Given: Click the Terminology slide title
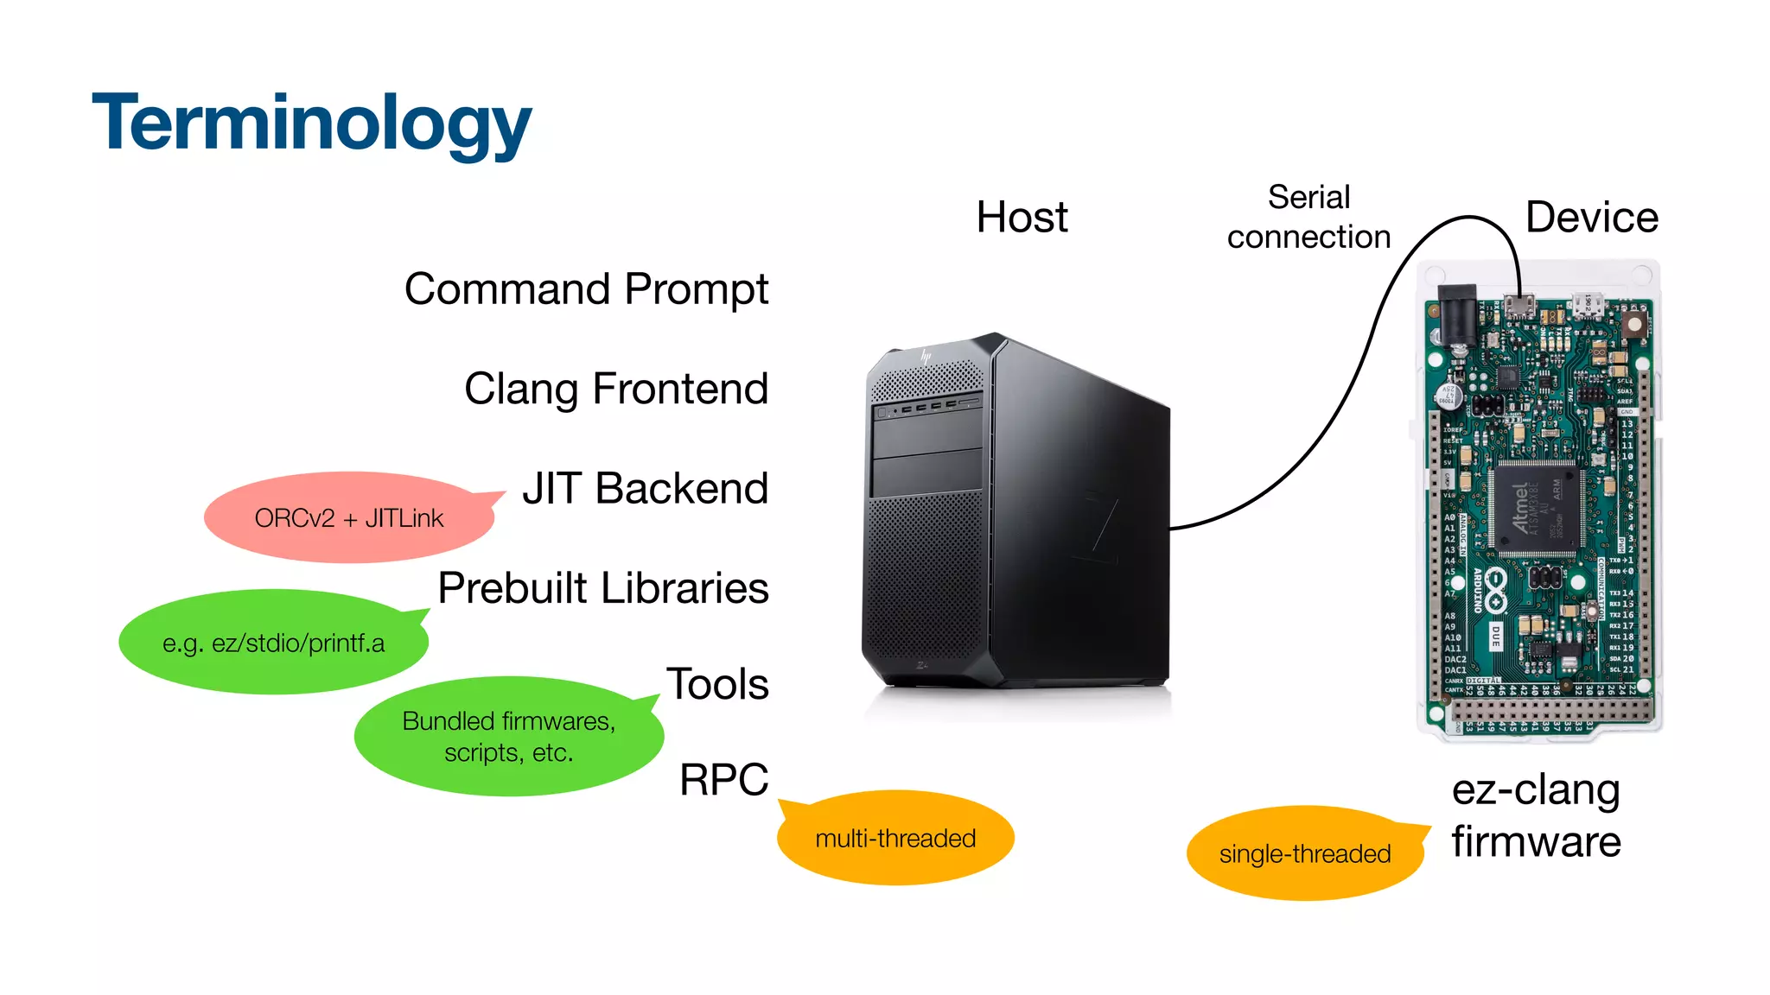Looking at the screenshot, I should point(311,124).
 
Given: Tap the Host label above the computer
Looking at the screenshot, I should point(1022,217).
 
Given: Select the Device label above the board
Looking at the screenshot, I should point(1591,217).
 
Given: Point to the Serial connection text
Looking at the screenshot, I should point(1308,217).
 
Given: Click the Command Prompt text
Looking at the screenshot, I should point(586,289).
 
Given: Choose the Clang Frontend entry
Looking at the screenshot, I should point(615,389).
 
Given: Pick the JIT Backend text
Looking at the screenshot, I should point(645,488).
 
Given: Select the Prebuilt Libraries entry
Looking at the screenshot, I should point(602,588).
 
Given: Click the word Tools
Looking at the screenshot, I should point(716,684).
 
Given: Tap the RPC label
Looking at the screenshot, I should point(723,780).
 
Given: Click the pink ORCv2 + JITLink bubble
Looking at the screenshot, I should point(348,518).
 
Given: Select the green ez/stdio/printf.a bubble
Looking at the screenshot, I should point(273,643).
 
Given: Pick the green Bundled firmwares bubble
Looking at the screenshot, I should point(508,737).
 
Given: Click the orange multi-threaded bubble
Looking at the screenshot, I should point(895,839).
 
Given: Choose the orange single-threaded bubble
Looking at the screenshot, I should point(1304,854).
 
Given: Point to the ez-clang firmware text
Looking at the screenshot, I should point(1536,815).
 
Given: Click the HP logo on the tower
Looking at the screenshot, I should point(926,356).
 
